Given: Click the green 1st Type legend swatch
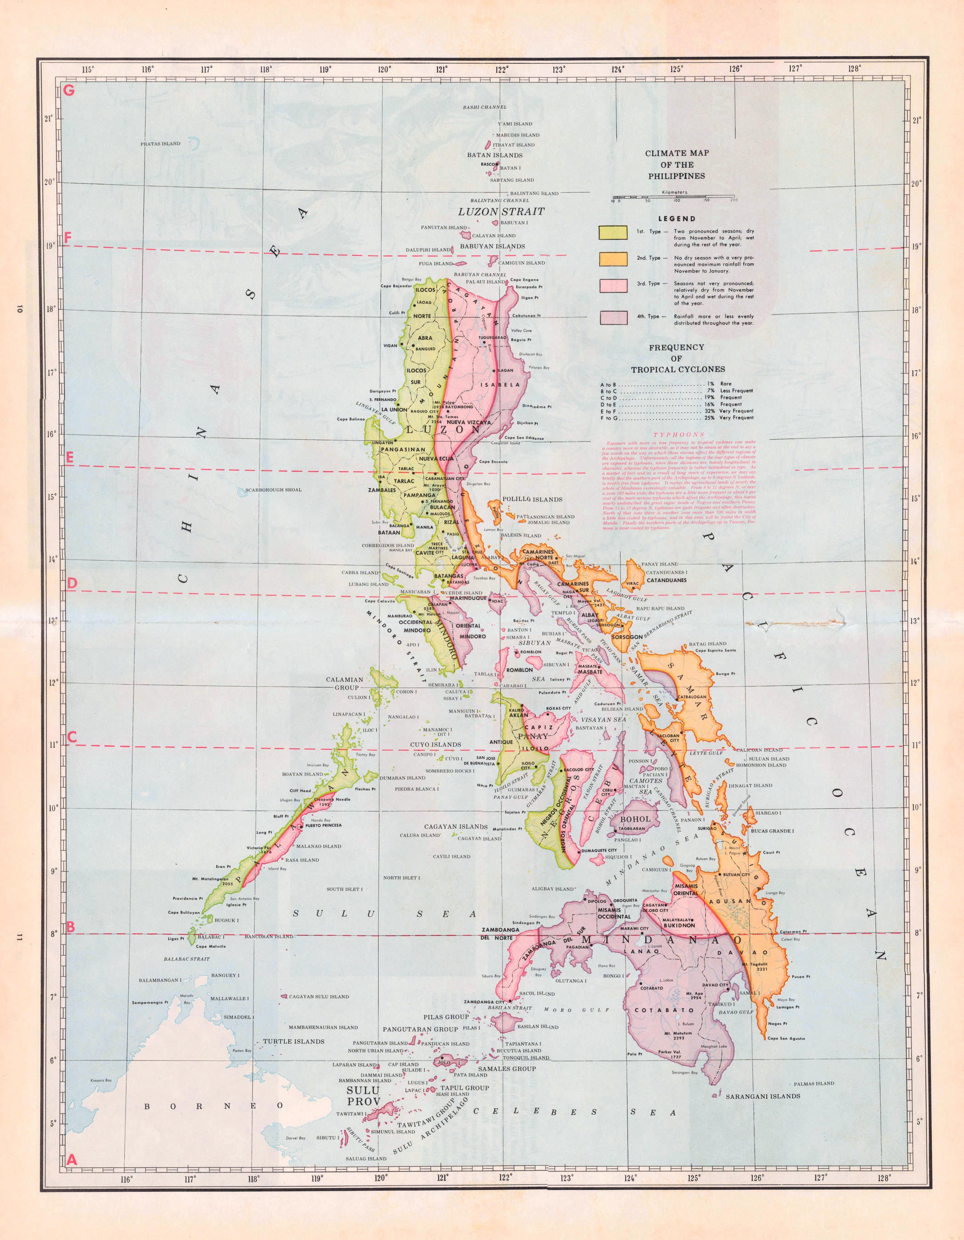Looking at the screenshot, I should (x=612, y=232).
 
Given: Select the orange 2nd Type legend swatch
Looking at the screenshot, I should (x=612, y=259).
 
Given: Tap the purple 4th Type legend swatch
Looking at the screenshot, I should (x=612, y=317).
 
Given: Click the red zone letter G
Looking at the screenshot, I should (x=70, y=90).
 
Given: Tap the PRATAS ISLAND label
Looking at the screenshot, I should (x=160, y=144).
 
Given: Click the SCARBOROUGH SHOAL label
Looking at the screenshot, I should (x=273, y=489).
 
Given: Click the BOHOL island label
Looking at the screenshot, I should (x=635, y=819).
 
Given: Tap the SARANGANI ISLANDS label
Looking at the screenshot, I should (x=762, y=1096).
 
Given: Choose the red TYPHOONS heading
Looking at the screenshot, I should (x=679, y=434).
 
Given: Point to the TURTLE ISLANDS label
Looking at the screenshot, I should (x=293, y=1041).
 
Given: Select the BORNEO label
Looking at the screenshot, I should (x=213, y=1106).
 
